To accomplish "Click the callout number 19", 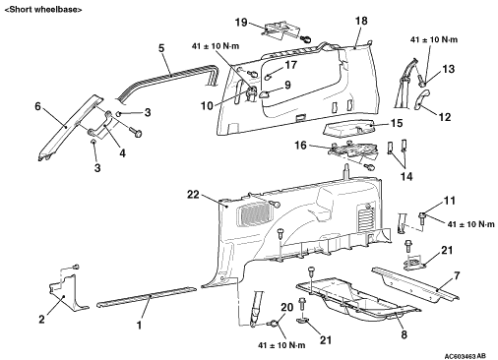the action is click(x=241, y=23).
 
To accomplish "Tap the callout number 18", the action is click(x=361, y=21).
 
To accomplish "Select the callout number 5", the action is click(x=161, y=48).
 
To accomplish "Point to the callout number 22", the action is click(x=193, y=195).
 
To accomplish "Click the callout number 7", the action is click(x=457, y=275).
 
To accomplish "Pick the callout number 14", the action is click(x=406, y=176).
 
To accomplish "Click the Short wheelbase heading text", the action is click(x=43, y=9).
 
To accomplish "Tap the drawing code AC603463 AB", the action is click(x=466, y=356).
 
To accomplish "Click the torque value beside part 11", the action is click(x=470, y=224).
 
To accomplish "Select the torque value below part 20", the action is click(x=281, y=345).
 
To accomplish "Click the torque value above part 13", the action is click(x=434, y=39).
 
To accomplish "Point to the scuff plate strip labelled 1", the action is click(x=147, y=296).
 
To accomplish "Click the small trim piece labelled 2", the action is click(x=71, y=293).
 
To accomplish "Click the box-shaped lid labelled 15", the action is click(x=349, y=128).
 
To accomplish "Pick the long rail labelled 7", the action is click(x=415, y=284).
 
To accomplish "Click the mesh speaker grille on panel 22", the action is click(x=254, y=214).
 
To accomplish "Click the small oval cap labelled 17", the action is click(x=268, y=78).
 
